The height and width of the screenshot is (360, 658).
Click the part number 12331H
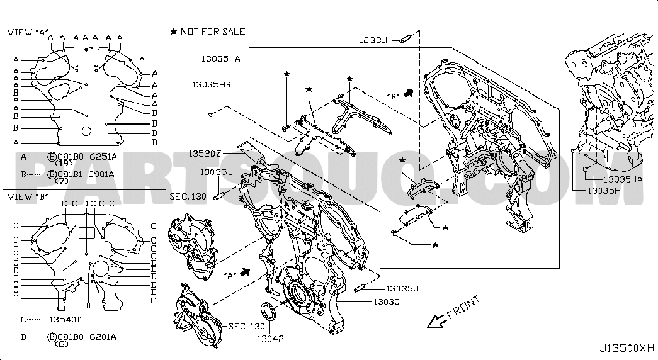click(x=375, y=40)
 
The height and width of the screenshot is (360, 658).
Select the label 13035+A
click(x=220, y=59)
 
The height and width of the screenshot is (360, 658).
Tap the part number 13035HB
click(x=211, y=85)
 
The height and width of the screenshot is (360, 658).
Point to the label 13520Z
click(x=205, y=154)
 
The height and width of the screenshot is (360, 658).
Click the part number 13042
click(x=270, y=339)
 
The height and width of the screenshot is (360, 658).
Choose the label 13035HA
click(x=623, y=179)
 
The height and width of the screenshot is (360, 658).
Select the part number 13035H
click(x=604, y=191)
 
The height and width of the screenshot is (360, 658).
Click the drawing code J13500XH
click(x=627, y=348)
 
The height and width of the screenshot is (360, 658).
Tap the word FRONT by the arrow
click(x=463, y=308)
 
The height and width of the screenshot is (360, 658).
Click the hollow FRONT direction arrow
click(x=437, y=321)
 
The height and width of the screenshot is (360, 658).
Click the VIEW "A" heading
click(x=28, y=32)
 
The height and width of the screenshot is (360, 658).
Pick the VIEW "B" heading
click(x=28, y=196)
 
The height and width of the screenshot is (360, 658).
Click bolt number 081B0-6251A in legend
click(x=87, y=157)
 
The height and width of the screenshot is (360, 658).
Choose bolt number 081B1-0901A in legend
click(x=86, y=174)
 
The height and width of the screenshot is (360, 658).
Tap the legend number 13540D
click(x=65, y=319)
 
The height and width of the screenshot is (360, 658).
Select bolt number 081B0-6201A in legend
click(x=86, y=337)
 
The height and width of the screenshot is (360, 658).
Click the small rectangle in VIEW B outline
click(x=86, y=233)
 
